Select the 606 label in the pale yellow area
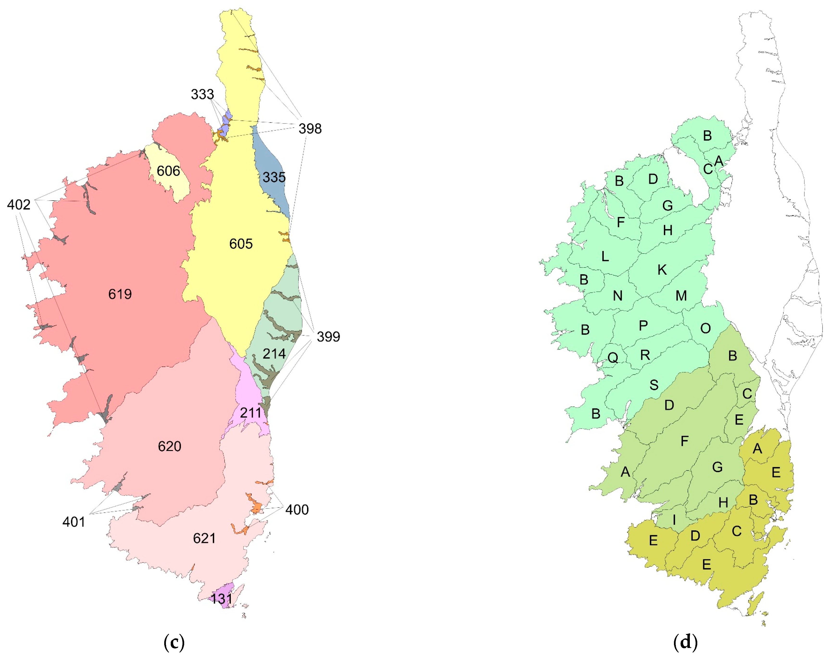point(168,171)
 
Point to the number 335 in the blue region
point(274,178)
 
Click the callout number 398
point(310,129)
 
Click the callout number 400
point(297,510)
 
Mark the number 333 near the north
point(202,94)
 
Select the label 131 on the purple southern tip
point(222,599)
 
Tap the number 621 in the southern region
point(204,538)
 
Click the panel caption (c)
point(174,642)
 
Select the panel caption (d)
point(685,642)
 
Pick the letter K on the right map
point(662,270)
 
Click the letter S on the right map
point(654,385)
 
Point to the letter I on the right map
point(674,520)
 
